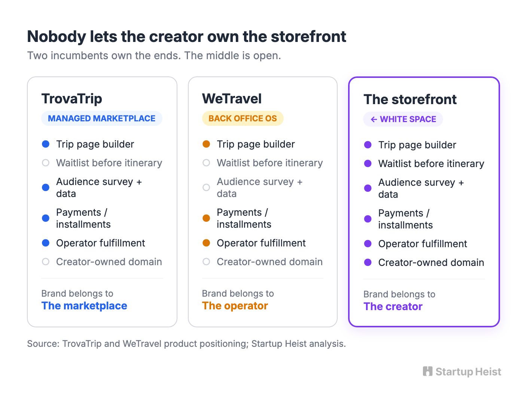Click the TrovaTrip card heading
coord(71,99)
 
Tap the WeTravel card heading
coord(232,99)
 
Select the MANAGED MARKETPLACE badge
coord(101,118)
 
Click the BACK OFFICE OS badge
coord(243,118)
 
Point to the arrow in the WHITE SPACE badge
coord(374,119)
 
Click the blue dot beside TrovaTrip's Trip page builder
coord(46,144)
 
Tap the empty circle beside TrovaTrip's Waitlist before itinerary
coord(46,163)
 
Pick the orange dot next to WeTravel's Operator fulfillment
coord(206,243)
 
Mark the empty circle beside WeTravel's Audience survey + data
coord(206,187)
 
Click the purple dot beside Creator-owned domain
coord(368,263)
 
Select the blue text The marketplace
coord(84,306)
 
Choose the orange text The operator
coord(235,306)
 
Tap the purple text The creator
coord(393,306)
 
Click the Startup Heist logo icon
coord(427,371)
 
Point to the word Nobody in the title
coord(57,37)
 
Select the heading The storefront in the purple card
coord(410,99)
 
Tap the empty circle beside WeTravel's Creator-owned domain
coord(206,262)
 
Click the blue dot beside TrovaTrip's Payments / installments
coord(46,218)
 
